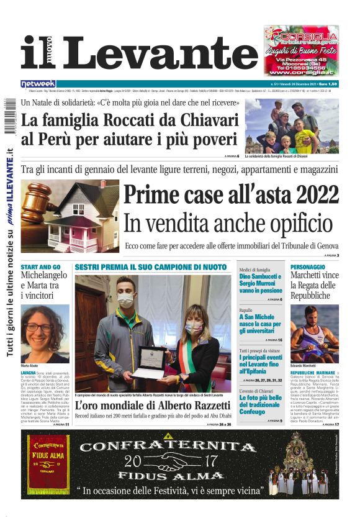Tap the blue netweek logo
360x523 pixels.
[x=38, y=84]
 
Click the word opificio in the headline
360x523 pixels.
[x=292, y=222]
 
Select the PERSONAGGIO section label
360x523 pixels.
[x=308, y=266]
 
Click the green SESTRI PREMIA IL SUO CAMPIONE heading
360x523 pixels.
[x=151, y=266]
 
